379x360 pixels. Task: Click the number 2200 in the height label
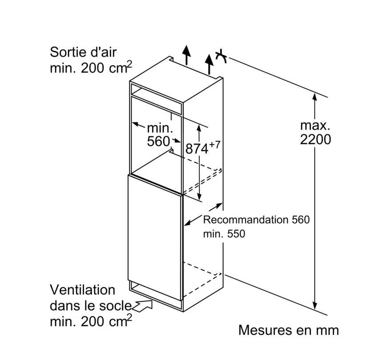click(315, 140)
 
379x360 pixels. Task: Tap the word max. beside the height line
click(315, 125)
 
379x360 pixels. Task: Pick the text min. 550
click(224, 234)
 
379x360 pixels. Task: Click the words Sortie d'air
click(83, 52)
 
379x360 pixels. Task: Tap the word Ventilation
click(82, 290)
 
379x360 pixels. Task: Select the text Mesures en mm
click(288, 330)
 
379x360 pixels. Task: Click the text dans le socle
click(90, 306)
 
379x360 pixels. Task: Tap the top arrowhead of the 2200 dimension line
click(314, 95)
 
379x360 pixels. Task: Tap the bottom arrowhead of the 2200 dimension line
click(314, 306)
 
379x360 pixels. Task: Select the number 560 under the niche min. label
click(158, 142)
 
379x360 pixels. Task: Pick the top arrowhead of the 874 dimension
click(199, 127)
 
